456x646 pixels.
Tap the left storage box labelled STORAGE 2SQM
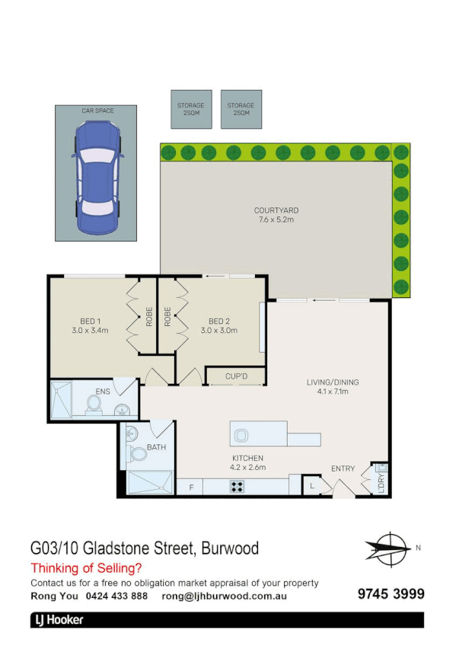tap(190, 110)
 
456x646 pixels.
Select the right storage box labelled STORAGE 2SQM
tap(240, 110)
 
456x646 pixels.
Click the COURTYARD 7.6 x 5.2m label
tap(275, 215)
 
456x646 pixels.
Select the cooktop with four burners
tap(238, 486)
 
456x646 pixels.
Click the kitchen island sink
tap(241, 435)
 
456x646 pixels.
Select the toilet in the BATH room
tap(138, 455)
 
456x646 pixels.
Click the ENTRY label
tap(343, 469)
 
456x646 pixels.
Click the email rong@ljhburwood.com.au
tap(224, 596)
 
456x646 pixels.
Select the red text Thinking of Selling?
tap(86, 568)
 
